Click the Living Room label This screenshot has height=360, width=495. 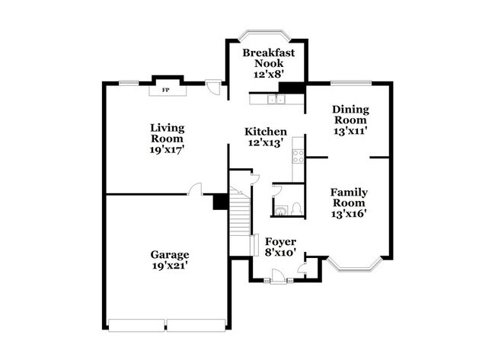(167, 128)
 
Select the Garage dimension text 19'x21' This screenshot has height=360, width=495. (169, 266)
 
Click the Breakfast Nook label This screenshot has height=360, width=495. (263, 53)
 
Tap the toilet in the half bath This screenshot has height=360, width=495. (296, 207)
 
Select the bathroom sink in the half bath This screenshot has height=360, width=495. (279, 209)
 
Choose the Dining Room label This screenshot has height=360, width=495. (350, 110)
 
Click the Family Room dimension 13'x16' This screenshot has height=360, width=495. (349, 214)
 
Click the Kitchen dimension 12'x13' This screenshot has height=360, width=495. (265, 142)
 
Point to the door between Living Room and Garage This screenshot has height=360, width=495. (196, 189)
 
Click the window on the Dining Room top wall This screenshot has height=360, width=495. (351, 83)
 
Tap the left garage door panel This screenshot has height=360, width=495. (137, 325)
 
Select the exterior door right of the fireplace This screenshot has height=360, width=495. (216, 88)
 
